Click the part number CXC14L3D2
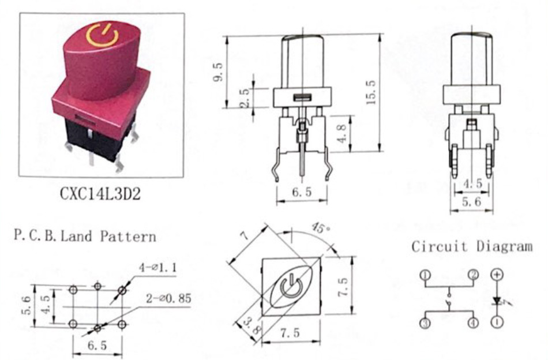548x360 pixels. coord(100,193)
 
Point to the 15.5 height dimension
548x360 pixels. coord(371,92)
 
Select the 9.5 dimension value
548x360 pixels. coord(218,72)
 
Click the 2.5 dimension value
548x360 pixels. coord(245,98)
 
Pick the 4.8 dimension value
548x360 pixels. coord(343,133)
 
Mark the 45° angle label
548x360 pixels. coord(321,228)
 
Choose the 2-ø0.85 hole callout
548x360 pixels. coord(169,298)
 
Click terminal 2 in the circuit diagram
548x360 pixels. coord(473,275)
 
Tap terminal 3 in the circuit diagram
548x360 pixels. coord(425,322)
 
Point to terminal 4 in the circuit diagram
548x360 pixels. coord(473,322)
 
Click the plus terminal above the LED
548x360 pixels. coord(497,275)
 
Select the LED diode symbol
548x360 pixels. coord(498,301)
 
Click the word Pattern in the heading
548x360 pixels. coord(128,237)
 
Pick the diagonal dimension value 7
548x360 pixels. coord(246,236)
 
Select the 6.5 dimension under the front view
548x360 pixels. coord(302,192)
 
